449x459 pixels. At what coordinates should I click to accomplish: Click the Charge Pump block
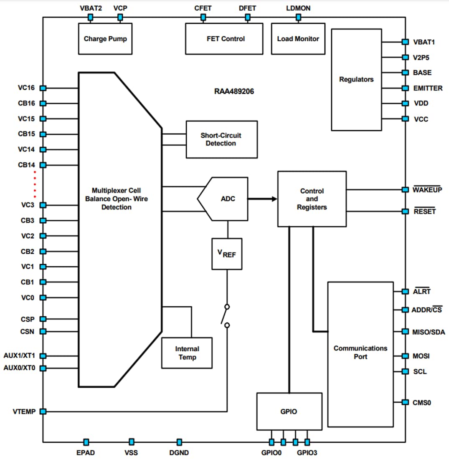105,39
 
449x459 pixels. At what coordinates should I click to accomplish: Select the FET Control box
224,39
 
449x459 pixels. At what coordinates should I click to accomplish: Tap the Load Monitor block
298,39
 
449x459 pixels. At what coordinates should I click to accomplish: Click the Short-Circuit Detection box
221,139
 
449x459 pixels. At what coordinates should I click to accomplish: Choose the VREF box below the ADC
227,254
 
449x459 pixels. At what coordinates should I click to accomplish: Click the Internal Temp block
187,353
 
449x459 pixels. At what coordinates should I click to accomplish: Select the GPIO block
289,411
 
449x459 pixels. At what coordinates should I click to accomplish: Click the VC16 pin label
26,88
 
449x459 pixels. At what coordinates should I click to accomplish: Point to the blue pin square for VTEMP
43,411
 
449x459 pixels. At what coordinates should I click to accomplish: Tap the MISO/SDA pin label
429,332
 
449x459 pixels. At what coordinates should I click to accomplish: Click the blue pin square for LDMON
298,17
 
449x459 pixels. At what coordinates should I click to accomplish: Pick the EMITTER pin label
428,88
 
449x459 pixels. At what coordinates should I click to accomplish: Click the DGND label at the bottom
179,452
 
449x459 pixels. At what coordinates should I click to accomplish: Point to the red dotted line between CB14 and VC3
35,184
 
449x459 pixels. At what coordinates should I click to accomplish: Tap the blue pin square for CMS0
405,402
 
